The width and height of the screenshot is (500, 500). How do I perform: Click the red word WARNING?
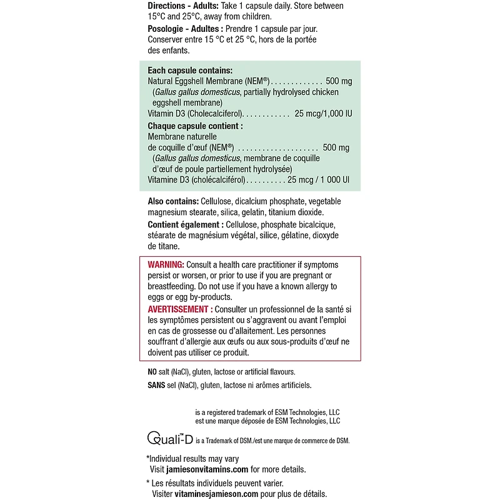[x=166, y=265]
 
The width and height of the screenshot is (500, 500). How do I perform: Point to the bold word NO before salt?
[x=152, y=372]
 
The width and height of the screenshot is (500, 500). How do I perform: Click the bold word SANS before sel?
[x=156, y=385]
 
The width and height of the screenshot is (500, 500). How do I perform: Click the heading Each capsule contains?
[x=190, y=71]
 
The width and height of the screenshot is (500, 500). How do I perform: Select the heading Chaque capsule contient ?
[x=195, y=126]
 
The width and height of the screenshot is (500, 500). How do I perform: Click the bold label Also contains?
[x=173, y=201]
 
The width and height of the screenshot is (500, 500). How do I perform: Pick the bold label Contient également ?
[x=185, y=224]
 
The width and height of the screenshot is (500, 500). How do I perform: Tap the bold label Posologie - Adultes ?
[x=185, y=29]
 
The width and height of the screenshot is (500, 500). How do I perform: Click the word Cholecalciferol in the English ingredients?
[x=215, y=114]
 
